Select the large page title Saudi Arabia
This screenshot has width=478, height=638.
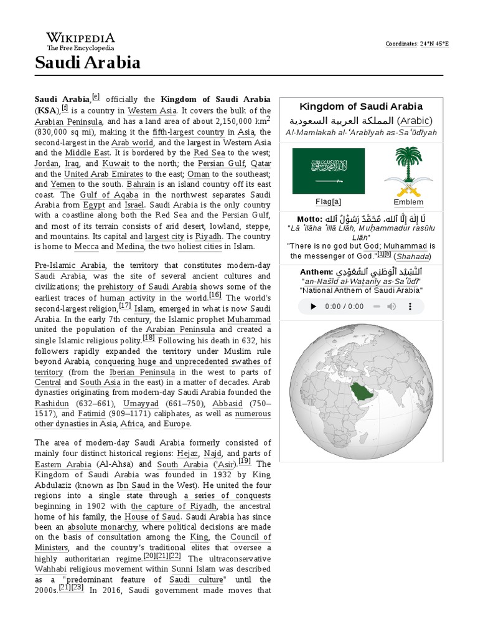(x=87, y=63)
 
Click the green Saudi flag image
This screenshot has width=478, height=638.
(x=329, y=171)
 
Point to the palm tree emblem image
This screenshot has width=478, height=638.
(x=408, y=171)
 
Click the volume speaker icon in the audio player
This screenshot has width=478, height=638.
(x=391, y=307)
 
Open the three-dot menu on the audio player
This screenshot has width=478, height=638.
(x=410, y=307)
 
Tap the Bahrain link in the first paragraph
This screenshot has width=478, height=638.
(x=141, y=184)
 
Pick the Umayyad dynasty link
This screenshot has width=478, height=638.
(x=141, y=403)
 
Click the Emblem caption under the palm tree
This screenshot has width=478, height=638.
(x=408, y=202)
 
